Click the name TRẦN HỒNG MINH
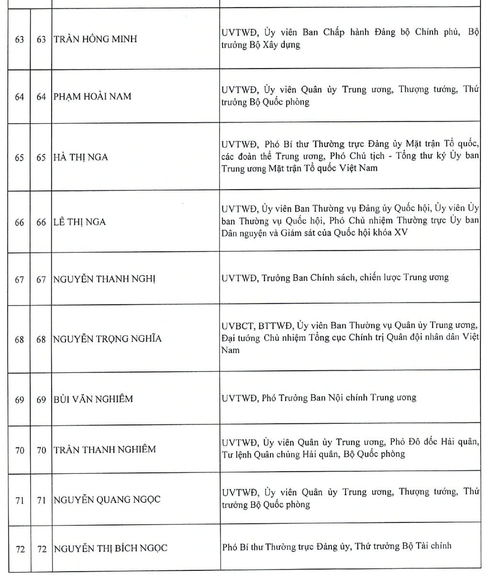[x=95, y=39]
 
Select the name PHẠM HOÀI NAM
[x=92, y=96]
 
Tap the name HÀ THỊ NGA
[x=81, y=157]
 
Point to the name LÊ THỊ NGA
[x=80, y=222]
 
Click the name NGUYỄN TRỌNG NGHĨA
[x=108, y=339]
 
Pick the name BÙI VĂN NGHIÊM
[x=93, y=398]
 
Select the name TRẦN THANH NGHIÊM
[x=105, y=449]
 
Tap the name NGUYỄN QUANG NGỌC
[x=107, y=500]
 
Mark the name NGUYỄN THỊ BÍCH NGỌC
[x=111, y=548]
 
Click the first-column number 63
[x=19, y=39]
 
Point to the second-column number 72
[x=42, y=549]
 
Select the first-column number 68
[x=19, y=340]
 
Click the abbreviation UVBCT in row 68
[x=237, y=326]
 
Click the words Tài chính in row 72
[x=433, y=546]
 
